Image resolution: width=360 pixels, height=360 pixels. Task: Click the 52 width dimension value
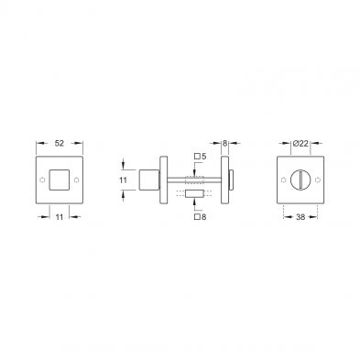tap(60, 143)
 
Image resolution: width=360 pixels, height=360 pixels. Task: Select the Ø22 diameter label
tap(300, 143)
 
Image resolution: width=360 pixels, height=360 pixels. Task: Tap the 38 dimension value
tap(300, 217)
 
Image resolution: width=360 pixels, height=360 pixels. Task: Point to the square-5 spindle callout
tap(201, 157)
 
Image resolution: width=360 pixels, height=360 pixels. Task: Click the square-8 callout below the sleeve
tap(201, 217)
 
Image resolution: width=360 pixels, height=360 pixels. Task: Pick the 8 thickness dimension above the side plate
tap(224, 143)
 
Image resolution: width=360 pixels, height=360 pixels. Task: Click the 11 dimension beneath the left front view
tap(60, 217)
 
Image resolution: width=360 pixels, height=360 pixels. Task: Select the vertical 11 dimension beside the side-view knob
tap(123, 180)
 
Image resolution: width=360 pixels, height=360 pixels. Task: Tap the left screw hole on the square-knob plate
tap(42, 180)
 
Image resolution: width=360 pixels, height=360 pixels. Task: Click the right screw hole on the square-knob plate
tap(76, 180)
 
